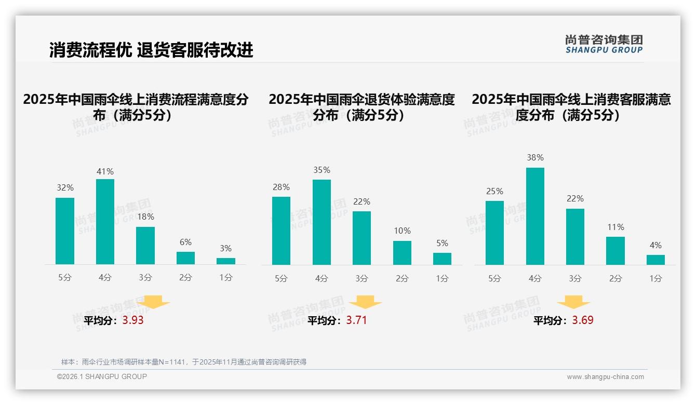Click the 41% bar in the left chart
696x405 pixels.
pyautogui.click(x=105, y=222)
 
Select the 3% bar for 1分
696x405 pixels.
pyautogui.click(x=226, y=261)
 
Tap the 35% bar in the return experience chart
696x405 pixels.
pyautogui.click(x=322, y=222)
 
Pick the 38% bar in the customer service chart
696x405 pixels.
pyautogui.click(x=535, y=216)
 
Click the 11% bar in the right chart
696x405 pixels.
pyautogui.click(x=615, y=251)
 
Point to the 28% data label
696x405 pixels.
pyautogui.click(x=282, y=187)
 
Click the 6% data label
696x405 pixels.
pyautogui.click(x=185, y=242)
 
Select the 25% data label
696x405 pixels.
pyautogui.click(x=494, y=192)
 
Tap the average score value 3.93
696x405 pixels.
pyautogui.click(x=133, y=320)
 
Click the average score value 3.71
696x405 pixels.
pyautogui.click(x=356, y=320)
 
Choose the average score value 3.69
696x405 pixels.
pyautogui.click(x=583, y=320)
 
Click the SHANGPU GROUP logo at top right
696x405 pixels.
pyautogui.click(x=604, y=44)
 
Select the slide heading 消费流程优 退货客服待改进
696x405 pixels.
pyautogui.click(x=151, y=50)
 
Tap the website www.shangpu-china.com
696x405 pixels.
pyautogui.click(x=605, y=377)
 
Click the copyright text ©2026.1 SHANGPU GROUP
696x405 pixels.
pyautogui.click(x=102, y=376)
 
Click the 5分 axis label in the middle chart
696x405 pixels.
pyautogui.click(x=281, y=279)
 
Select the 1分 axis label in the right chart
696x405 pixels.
pyautogui.click(x=655, y=279)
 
